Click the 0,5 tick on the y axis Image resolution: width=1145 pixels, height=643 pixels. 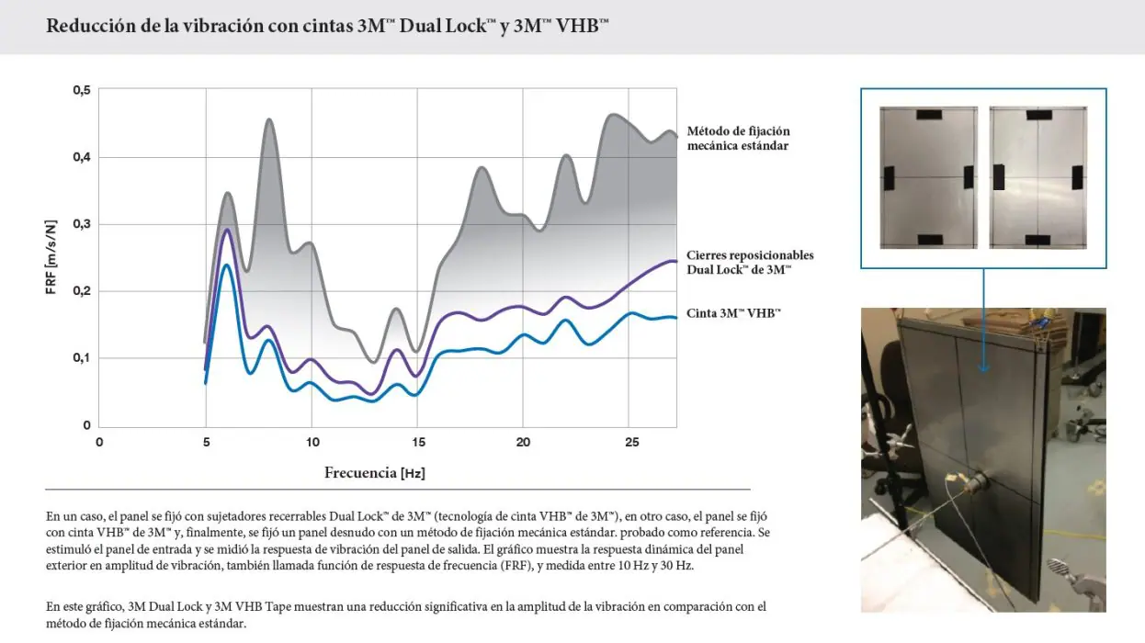(x=82, y=90)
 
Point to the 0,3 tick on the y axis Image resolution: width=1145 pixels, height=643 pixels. (x=82, y=224)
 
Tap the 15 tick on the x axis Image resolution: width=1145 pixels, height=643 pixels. (x=418, y=442)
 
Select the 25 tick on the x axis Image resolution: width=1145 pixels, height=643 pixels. (x=630, y=442)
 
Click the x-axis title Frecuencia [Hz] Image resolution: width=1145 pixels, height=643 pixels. (x=374, y=473)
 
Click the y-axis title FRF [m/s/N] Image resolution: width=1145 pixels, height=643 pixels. (x=52, y=257)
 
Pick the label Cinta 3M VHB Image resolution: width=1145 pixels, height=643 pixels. (x=733, y=313)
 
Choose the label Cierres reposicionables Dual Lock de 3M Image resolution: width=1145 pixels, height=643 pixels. (x=750, y=262)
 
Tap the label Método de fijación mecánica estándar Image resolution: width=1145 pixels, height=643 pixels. (x=738, y=138)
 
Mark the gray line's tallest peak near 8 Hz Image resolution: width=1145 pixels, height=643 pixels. (x=269, y=119)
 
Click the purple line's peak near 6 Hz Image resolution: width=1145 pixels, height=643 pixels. (x=227, y=230)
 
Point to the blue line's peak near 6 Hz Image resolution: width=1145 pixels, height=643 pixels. (x=226, y=265)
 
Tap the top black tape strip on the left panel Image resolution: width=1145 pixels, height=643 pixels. (x=928, y=115)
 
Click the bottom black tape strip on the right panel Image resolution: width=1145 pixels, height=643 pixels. (x=1037, y=240)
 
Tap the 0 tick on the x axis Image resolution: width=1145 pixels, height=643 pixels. (x=99, y=442)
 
